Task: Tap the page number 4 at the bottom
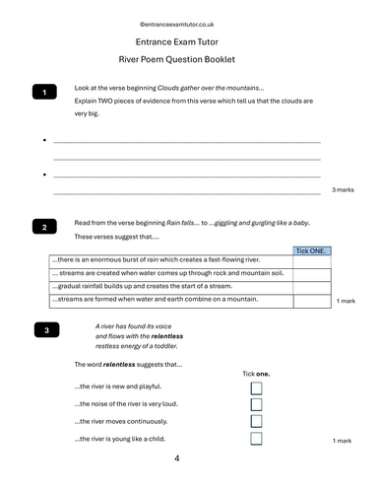177,458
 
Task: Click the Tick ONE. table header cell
311,251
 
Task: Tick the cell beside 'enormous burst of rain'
311,260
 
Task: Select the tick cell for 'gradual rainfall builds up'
311,285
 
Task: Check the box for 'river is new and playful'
257,389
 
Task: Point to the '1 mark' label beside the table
346,300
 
